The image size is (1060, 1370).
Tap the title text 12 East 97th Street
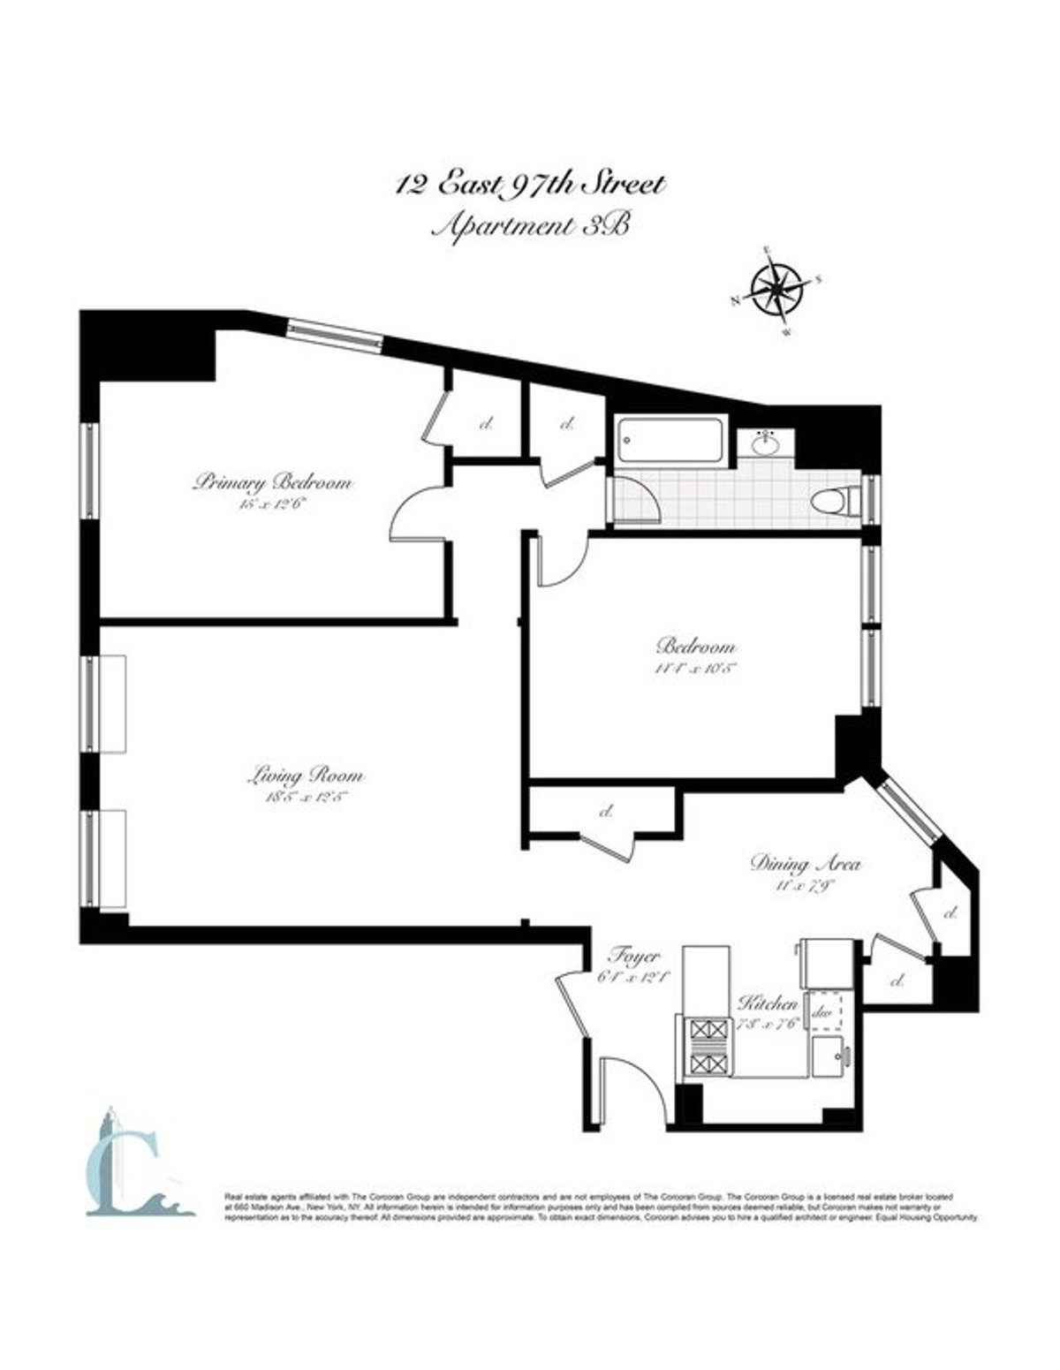[529, 186]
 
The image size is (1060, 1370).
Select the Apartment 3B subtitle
[529, 226]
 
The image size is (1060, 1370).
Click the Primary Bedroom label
[273, 483]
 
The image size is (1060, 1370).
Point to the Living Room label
[305, 776]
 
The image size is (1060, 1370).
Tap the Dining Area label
[805, 863]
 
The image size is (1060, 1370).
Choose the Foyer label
[634, 957]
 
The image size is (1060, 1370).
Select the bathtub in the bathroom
[673, 440]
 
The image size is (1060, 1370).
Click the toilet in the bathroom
[835, 502]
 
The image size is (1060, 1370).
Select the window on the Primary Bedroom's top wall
[335, 335]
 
